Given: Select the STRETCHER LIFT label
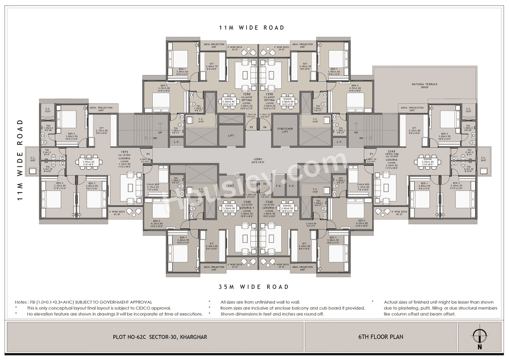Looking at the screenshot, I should tap(285, 130).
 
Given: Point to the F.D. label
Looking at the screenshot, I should tap(278, 186).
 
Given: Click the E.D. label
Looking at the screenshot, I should tap(291, 186).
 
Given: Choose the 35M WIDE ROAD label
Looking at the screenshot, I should tap(253, 286).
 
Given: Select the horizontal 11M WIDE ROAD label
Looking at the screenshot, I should tap(252, 27).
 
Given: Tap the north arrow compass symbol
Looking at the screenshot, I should tap(480, 337).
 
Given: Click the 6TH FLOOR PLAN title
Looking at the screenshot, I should tap(381, 337).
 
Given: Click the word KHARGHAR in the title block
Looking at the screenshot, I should tap(193, 337).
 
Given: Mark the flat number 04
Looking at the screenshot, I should tap(148, 154).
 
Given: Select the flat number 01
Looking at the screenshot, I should tap(372, 154).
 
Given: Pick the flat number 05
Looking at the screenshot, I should tap(251, 127).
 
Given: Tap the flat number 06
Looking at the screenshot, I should tap(265, 127).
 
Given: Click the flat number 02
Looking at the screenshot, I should tap(265, 184).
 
